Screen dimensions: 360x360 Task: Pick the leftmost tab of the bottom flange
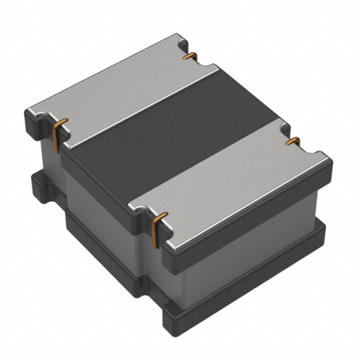35,183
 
